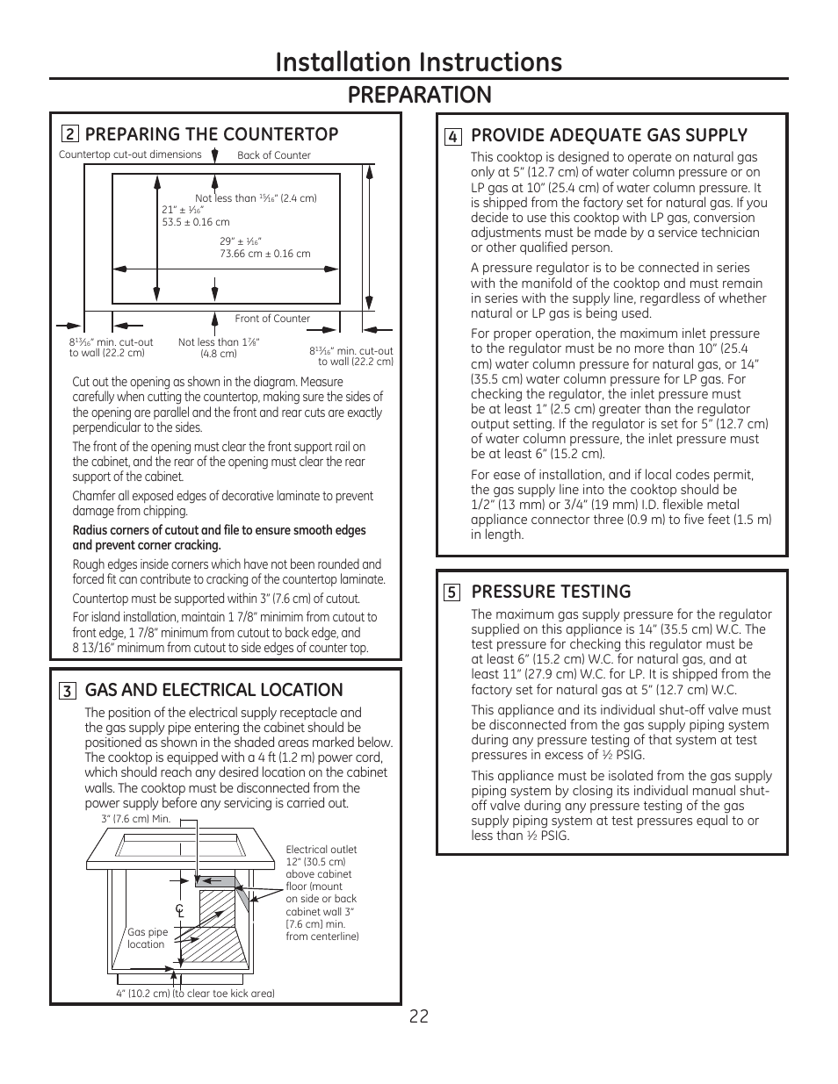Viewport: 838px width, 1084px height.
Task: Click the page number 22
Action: pyautogui.click(x=419, y=1016)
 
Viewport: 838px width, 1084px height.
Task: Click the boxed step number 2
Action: pyautogui.click(x=69, y=134)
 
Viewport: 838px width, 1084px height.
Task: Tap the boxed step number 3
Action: pyautogui.click(x=67, y=691)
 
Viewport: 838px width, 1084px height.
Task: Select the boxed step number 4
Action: pyautogui.click(x=452, y=136)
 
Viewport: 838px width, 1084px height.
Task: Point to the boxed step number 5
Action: pyautogui.click(x=452, y=592)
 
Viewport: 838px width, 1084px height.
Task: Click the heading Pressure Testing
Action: pyautogui.click(x=551, y=592)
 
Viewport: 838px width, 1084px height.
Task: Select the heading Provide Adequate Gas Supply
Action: pyautogui.click(x=609, y=135)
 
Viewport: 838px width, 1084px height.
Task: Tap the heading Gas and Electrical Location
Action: pyautogui.click(x=213, y=690)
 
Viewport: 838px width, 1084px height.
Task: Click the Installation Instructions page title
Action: pyautogui.click(x=418, y=61)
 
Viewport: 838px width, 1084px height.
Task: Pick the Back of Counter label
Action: pyautogui.click(x=274, y=155)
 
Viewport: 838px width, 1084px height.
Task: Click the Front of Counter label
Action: pyautogui.click(x=272, y=319)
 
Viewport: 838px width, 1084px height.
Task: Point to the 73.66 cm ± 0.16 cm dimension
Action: pyautogui.click(x=264, y=254)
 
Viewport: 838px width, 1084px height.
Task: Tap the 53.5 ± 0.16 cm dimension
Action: pyautogui.click(x=195, y=222)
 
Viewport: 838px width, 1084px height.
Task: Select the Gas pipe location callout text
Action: pyautogui.click(x=147, y=938)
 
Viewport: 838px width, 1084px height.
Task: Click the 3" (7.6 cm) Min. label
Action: pyautogui.click(x=135, y=819)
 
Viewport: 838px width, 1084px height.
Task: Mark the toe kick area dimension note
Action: pyautogui.click(x=195, y=994)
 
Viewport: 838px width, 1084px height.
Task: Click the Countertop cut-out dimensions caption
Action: pyautogui.click(x=130, y=154)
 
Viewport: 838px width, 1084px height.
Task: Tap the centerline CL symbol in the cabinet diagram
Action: pyautogui.click(x=179, y=911)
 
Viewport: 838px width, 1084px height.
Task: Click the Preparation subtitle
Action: pyautogui.click(x=419, y=94)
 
